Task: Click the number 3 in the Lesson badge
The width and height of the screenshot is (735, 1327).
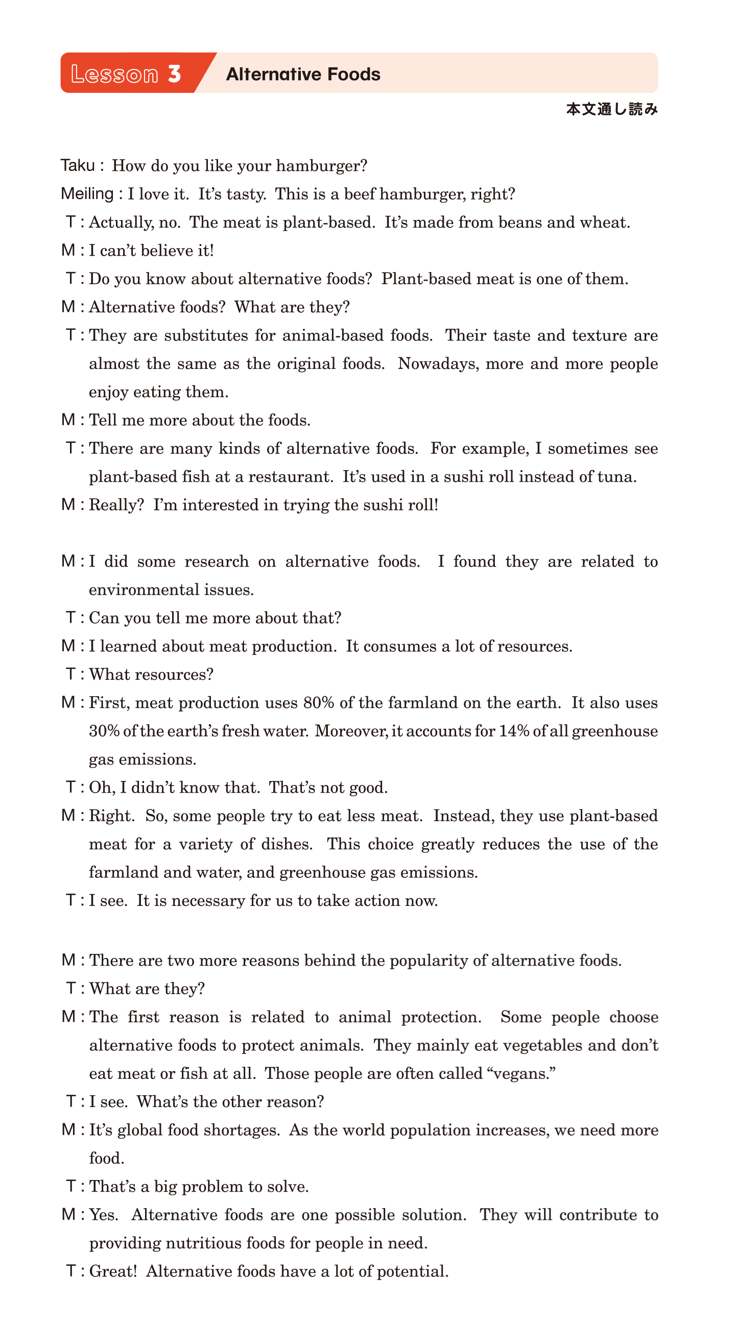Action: point(174,73)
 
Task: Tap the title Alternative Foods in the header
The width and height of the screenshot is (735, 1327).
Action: point(303,74)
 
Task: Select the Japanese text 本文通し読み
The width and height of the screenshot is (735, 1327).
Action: point(612,109)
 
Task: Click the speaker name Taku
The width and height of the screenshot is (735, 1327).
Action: point(78,165)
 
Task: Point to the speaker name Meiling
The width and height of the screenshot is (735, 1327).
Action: point(87,194)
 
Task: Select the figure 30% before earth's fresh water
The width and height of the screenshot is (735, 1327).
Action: point(104,731)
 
